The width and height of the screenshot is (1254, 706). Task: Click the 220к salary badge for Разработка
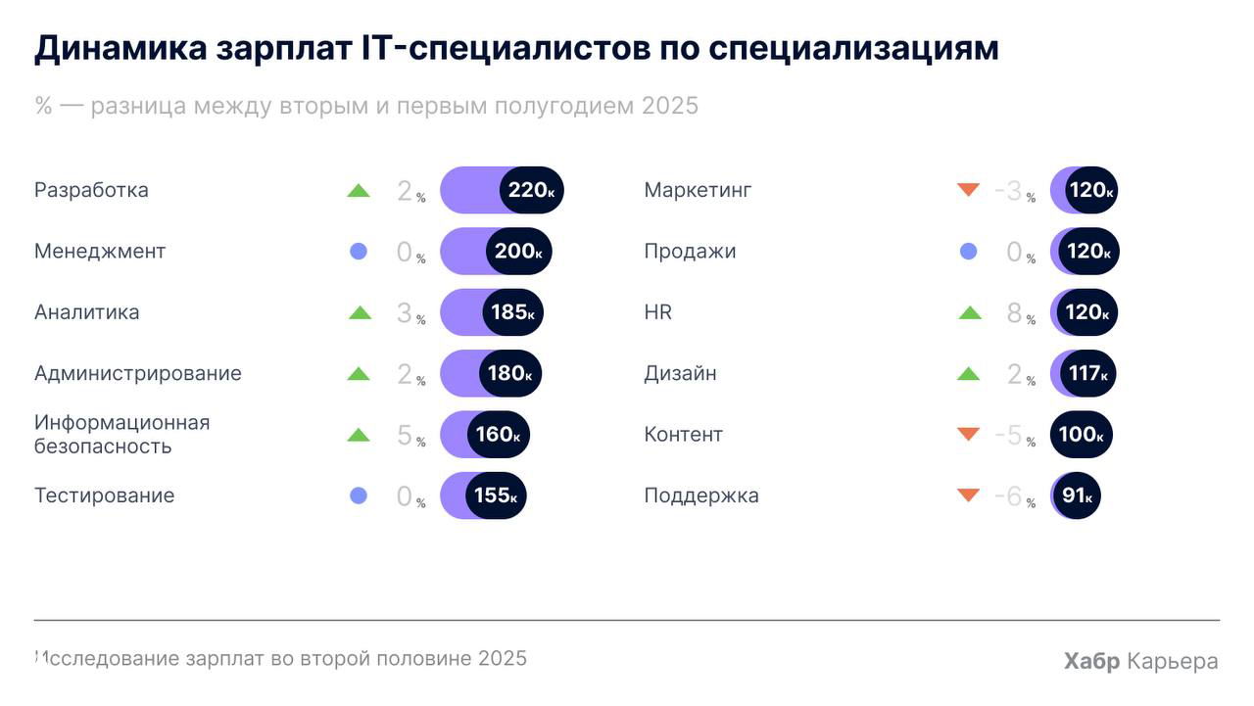(531, 190)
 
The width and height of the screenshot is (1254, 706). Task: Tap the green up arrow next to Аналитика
(360, 313)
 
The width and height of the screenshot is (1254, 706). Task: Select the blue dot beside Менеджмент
(359, 252)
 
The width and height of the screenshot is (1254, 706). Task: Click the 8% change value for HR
(1014, 313)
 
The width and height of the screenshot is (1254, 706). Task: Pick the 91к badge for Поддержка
(1076, 495)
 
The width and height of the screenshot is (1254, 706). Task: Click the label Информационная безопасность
(121, 435)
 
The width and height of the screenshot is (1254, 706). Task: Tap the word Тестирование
(104, 495)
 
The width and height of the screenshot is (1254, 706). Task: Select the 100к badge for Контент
(1081, 435)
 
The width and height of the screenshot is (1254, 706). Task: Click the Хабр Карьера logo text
(1140, 661)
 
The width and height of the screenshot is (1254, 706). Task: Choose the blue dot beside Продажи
(968, 252)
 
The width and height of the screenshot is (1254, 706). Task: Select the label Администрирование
(137, 373)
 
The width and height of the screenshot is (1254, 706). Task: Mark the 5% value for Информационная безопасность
(405, 436)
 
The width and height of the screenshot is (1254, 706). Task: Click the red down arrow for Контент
(968, 434)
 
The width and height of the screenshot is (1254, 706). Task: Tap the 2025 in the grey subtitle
(670, 106)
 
